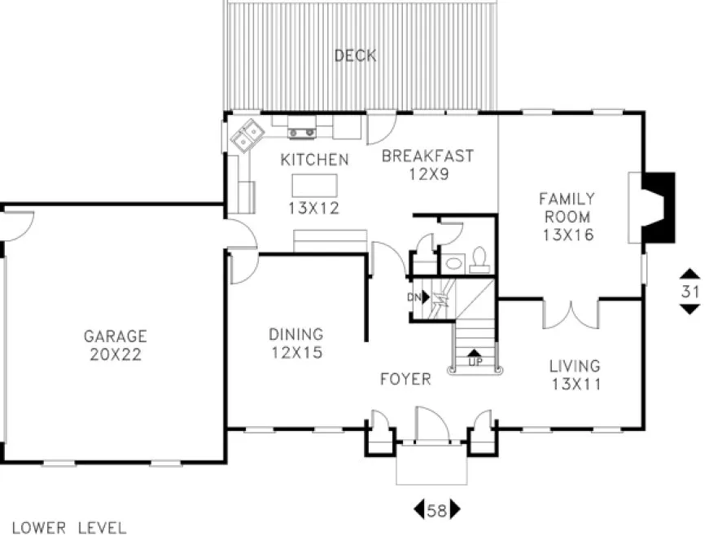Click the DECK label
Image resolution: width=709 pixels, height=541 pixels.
(x=355, y=56)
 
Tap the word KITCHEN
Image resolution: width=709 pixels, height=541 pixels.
(x=314, y=160)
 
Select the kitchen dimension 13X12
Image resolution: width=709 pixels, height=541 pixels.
(x=313, y=208)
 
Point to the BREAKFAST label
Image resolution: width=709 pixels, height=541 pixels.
(x=427, y=156)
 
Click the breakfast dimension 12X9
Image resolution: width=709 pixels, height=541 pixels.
(x=427, y=173)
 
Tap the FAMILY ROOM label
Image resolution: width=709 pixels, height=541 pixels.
(x=567, y=208)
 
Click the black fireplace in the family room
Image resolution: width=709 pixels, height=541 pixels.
(x=658, y=207)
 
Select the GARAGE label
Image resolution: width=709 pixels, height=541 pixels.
(x=116, y=336)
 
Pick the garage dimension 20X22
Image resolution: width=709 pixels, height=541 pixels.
(x=116, y=354)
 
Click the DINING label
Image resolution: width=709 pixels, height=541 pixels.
(x=296, y=334)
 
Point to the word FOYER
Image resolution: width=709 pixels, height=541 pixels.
(x=405, y=380)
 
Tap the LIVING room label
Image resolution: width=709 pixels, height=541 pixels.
(x=574, y=366)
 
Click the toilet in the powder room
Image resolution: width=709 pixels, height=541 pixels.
(x=479, y=259)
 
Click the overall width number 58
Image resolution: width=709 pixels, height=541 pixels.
(x=437, y=511)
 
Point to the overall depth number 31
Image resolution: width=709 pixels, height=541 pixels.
(x=689, y=291)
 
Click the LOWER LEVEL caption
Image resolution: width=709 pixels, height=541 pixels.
(x=69, y=528)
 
